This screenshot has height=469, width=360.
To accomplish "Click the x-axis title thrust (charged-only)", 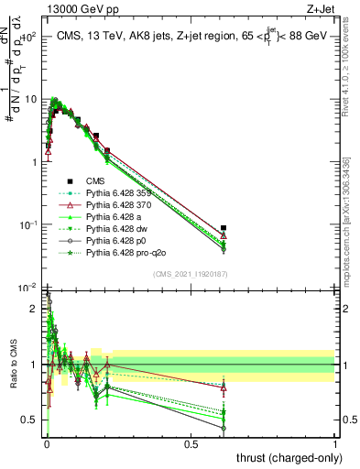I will pyautogui.click(x=290, y=457).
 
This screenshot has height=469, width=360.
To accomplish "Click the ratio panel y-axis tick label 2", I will pyautogui.click(x=34, y=309).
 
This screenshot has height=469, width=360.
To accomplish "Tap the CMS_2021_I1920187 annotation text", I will pyautogui.click(x=190, y=273).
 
